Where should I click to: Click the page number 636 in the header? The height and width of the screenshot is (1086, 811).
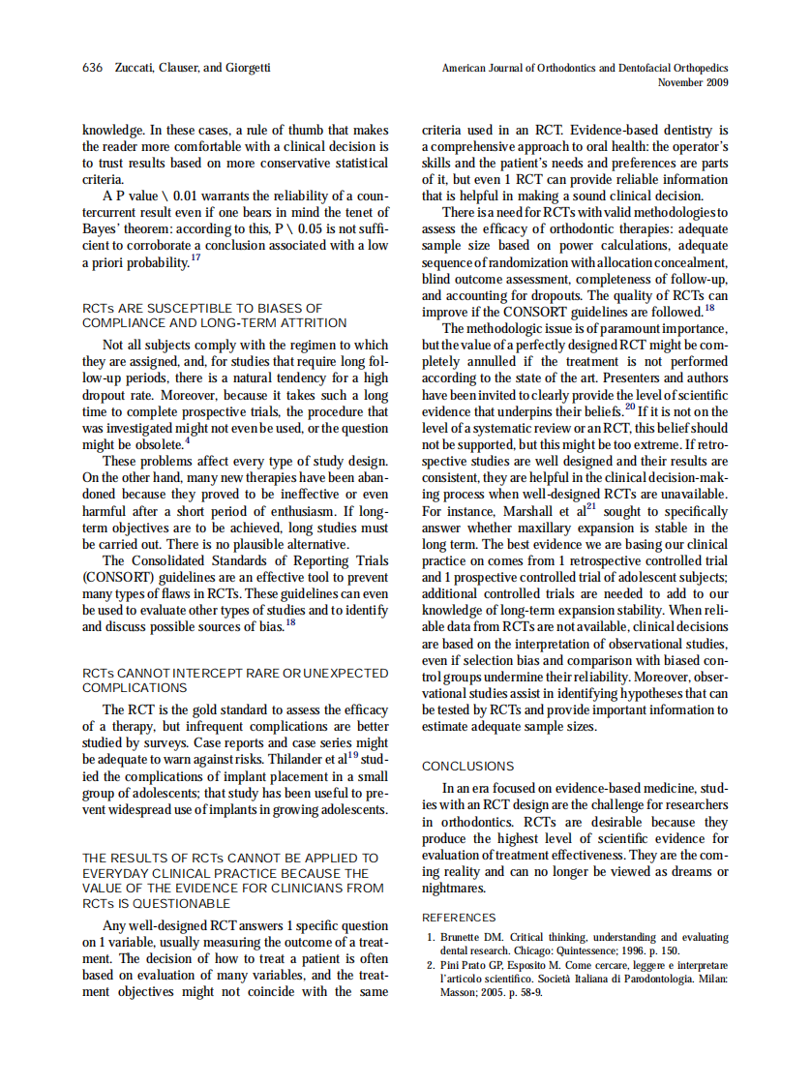[93, 69]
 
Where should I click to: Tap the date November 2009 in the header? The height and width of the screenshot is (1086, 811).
[693, 82]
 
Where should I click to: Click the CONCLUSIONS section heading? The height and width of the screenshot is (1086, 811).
[467, 767]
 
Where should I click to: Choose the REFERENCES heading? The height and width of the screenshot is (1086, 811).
[459, 918]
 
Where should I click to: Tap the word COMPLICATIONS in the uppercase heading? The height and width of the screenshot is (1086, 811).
[135, 688]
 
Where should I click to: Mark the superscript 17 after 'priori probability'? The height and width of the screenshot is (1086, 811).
[195, 258]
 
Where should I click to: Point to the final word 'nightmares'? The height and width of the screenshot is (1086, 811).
[453, 889]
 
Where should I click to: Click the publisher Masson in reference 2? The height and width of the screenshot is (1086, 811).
[458, 993]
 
